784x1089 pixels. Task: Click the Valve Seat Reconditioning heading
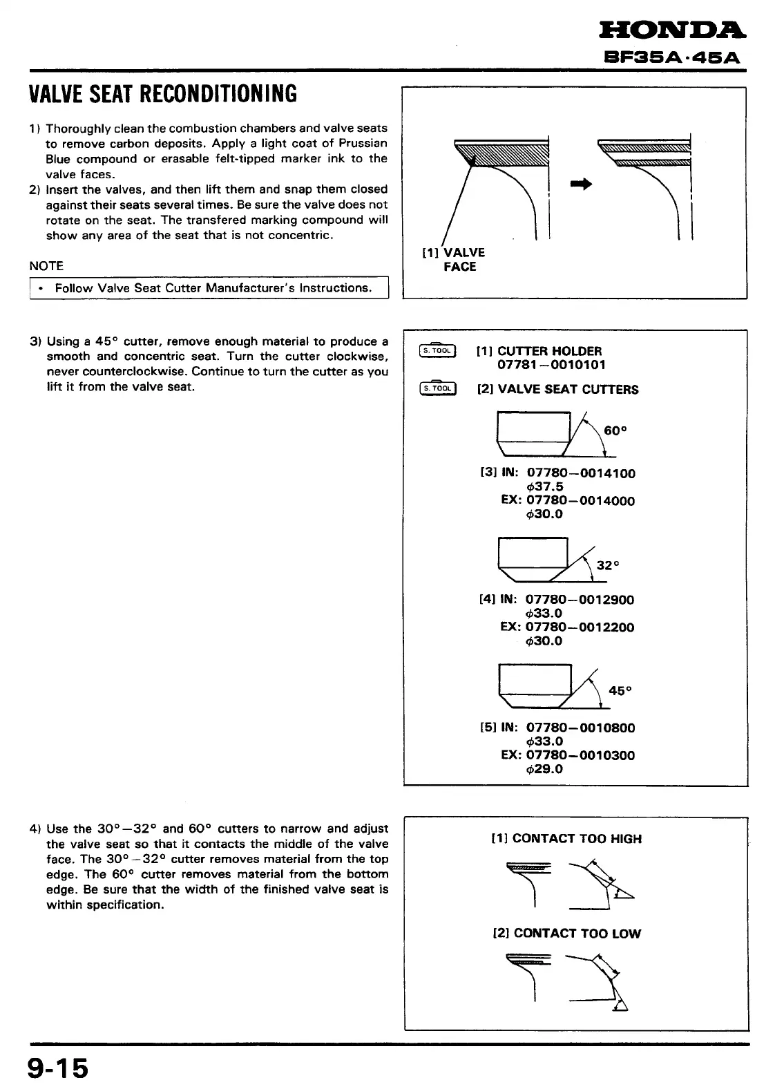tap(163, 94)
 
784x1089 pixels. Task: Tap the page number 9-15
tap(59, 1068)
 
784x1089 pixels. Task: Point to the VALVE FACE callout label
tap(459, 260)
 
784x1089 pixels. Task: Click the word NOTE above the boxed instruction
tap(46, 266)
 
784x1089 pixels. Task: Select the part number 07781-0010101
tap(551, 365)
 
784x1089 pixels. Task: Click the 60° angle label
tap(615, 431)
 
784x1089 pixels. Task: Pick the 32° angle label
tap(608, 565)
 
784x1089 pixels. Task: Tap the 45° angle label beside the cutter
tap(620, 690)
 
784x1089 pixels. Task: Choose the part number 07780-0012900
tap(580, 600)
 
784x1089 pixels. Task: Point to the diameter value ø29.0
tap(544, 768)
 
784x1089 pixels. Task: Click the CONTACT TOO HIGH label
tap(576, 839)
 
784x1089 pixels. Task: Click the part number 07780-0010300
tap(580, 755)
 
